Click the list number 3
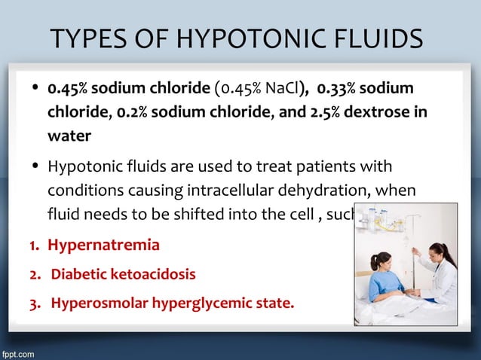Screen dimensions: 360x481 34,304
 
